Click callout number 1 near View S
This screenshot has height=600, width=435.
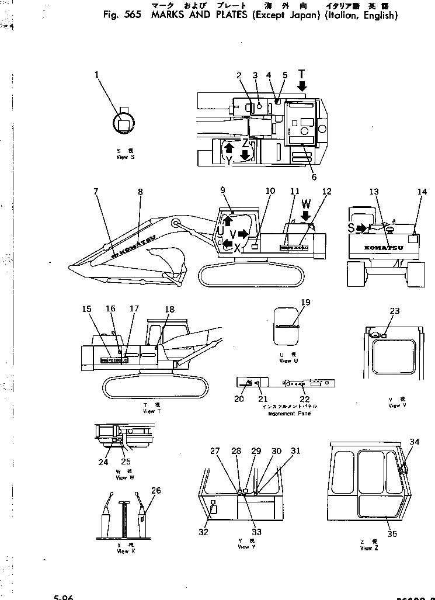pyautogui.click(x=97, y=75)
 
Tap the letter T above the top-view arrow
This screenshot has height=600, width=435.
pyautogui.click(x=301, y=74)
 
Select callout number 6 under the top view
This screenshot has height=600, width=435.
pyautogui.click(x=314, y=177)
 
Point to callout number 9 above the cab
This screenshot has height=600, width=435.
pyautogui.click(x=222, y=190)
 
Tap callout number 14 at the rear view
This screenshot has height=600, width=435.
pyautogui.click(x=422, y=192)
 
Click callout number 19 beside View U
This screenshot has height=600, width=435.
pyautogui.click(x=305, y=302)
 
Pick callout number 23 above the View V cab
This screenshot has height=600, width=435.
pyautogui.click(x=395, y=311)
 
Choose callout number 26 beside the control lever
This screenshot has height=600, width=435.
pyautogui.click(x=155, y=491)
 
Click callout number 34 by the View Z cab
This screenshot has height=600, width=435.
pyautogui.click(x=414, y=442)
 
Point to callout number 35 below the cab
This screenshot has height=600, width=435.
pyautogui.click(x=392, y=533)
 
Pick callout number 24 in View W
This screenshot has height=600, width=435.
pyautogui.click(x=103, y=462)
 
